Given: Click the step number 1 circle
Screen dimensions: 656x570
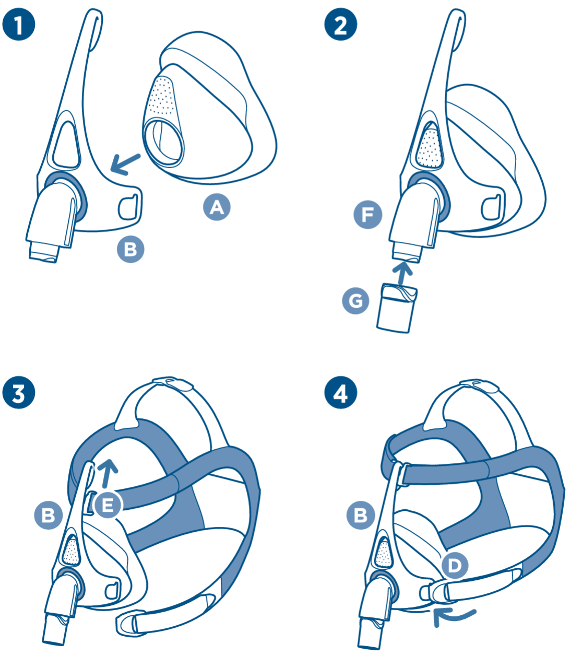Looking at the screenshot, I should (19, 25).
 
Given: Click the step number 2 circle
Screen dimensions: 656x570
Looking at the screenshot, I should (340, 25).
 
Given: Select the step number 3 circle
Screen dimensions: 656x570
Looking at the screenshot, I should (19, 393).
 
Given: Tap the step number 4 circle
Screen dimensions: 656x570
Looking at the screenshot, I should (340, 393).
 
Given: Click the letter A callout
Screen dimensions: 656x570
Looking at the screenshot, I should (217, 207).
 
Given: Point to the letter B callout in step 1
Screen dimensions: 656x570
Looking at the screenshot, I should (130, 249).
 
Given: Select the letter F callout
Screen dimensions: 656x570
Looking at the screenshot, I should (367, 215).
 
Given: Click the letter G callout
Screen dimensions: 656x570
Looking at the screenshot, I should (355, 301).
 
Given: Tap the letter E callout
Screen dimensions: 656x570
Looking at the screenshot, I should (108, 505).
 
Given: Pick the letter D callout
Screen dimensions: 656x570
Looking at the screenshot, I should (455, 565).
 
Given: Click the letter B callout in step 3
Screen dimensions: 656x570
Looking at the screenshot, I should (48, 516).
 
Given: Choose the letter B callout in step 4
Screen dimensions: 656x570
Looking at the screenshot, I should (361, 516).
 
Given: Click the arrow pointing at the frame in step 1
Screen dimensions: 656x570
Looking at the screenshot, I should (125, 163).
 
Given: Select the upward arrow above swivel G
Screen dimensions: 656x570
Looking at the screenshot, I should (402, 272).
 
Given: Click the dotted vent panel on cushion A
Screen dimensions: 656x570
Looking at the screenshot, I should (163, 96).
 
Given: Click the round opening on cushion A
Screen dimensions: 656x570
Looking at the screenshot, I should (164, 142).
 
